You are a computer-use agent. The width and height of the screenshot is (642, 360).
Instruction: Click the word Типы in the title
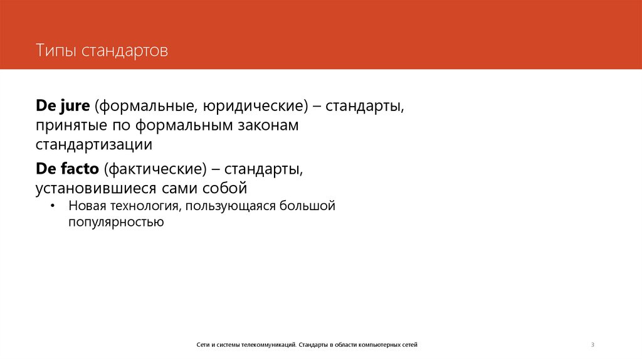coord(55,50)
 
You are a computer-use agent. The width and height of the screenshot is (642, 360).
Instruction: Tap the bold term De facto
coord(68,169)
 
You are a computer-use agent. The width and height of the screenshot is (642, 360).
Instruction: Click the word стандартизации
coord(94,144)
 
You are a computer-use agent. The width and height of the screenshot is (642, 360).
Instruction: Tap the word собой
coord(224,188)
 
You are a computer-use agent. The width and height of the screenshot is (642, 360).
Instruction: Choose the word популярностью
coord(117,221)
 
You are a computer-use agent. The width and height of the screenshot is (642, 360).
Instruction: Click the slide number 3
coord(592,344)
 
